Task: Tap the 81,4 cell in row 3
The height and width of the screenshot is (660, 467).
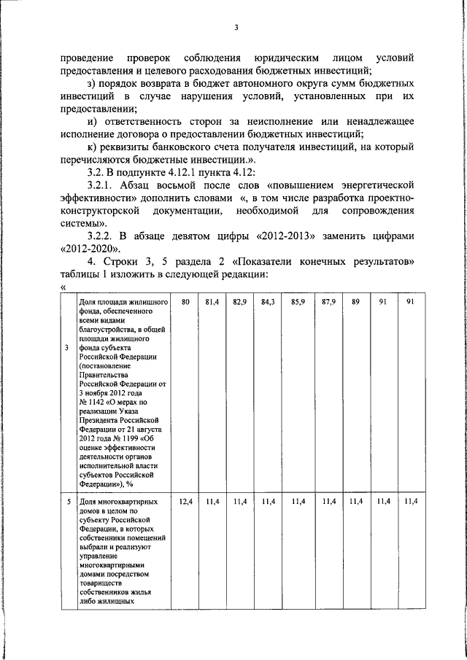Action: [212, 302]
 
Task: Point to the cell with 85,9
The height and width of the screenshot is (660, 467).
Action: [298, 302]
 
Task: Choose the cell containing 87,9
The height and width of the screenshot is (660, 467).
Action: [328, 302]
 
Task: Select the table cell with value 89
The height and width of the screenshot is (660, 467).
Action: [355, 302]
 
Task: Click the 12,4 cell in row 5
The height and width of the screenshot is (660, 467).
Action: [185, 502]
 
